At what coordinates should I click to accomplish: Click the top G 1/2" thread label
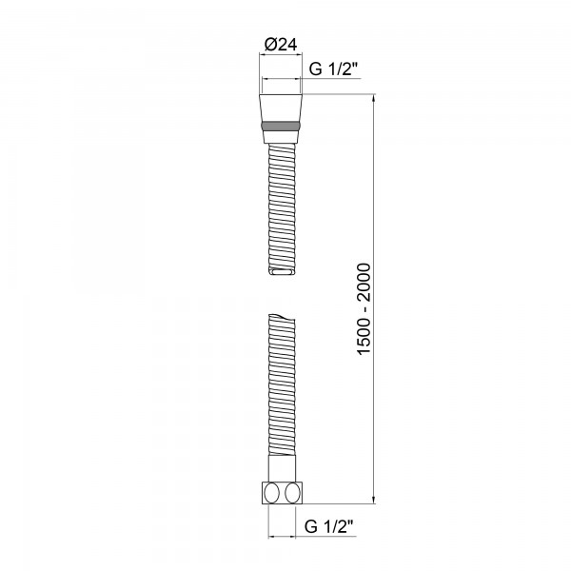[335, 67]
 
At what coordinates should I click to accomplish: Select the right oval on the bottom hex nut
[293, 493]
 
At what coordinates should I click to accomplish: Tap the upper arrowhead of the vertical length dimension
[374, 99]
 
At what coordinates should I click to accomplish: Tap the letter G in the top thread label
[316, 67]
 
